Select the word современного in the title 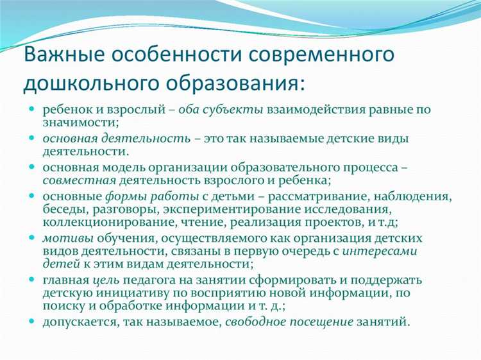tap(321, 54)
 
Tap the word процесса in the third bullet tap(365, 167)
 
